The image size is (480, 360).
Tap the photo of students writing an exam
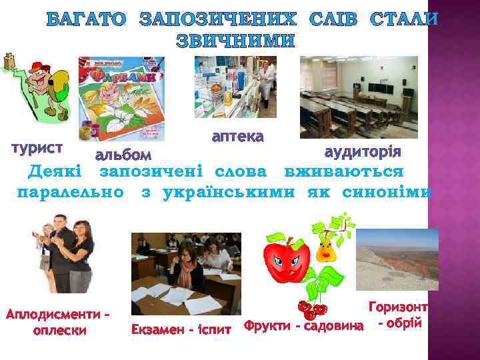(186, 273)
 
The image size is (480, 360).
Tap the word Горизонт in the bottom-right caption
(397, 308)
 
